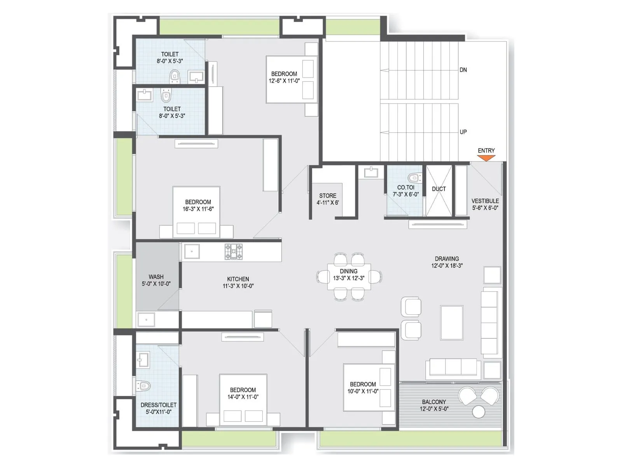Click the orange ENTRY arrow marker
[x=486, y=158]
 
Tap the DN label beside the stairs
[x=463, y=70]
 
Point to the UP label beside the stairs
[x=463, y=132]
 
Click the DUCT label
[x=439, y=189]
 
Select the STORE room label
[x=328, y=196]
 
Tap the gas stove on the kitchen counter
[x=233, y=252]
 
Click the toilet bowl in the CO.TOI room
[x=415, y=178]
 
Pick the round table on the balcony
[x=479, y=411]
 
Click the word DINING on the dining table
[x=349, y=271]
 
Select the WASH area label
[x=156, y=277]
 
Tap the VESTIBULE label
[x=485, y=201]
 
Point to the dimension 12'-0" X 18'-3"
[x=447, y=266]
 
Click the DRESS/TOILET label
[x=158, y=405]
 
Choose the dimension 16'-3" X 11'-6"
[x=198, y=209]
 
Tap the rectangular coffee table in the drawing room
[x=451, y=323]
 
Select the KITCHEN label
[x=238, y=279]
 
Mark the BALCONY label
[x=434, y=402]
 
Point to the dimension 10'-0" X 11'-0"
[x=363, y=391]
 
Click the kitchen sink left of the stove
[x=192, y=252]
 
